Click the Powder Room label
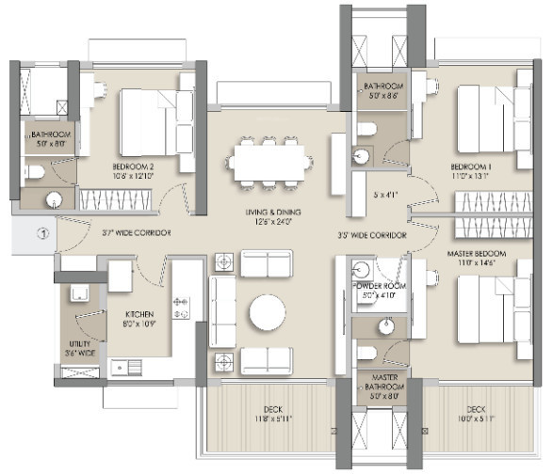click(379, 289)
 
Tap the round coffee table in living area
click(267, 314)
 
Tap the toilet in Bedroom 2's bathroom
click(36, 172)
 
